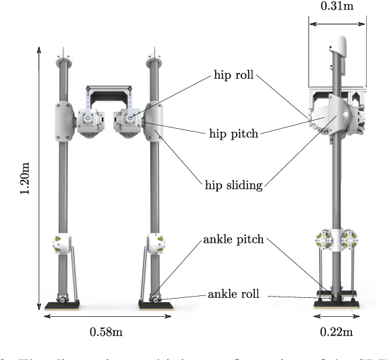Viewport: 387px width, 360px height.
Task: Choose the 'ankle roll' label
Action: point(234,294)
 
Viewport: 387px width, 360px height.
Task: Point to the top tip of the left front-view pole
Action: point(65,49)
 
